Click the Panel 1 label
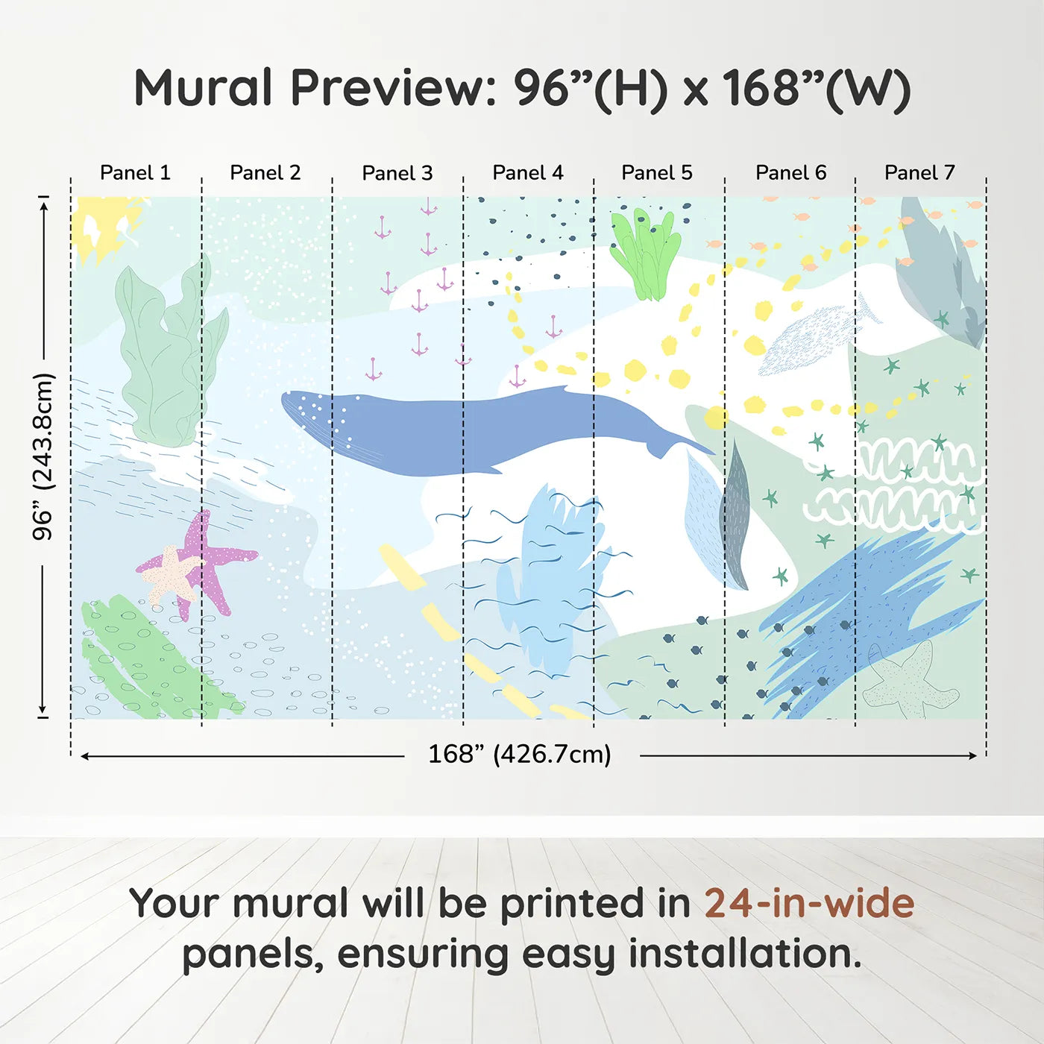[x=135, y=173]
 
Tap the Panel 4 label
[x=527, y=173]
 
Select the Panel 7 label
[x=919, y=173]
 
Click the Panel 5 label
[x=656, y=173]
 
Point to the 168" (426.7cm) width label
[x=519, y=754]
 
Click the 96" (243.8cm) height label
[x=44, y=456]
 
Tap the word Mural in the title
[x=203, y=89]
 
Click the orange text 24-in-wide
[x=809, y=903]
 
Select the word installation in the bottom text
[x=744, y=954]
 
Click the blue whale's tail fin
[x=675, y=444]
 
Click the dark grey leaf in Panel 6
[x=735, y=515]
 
